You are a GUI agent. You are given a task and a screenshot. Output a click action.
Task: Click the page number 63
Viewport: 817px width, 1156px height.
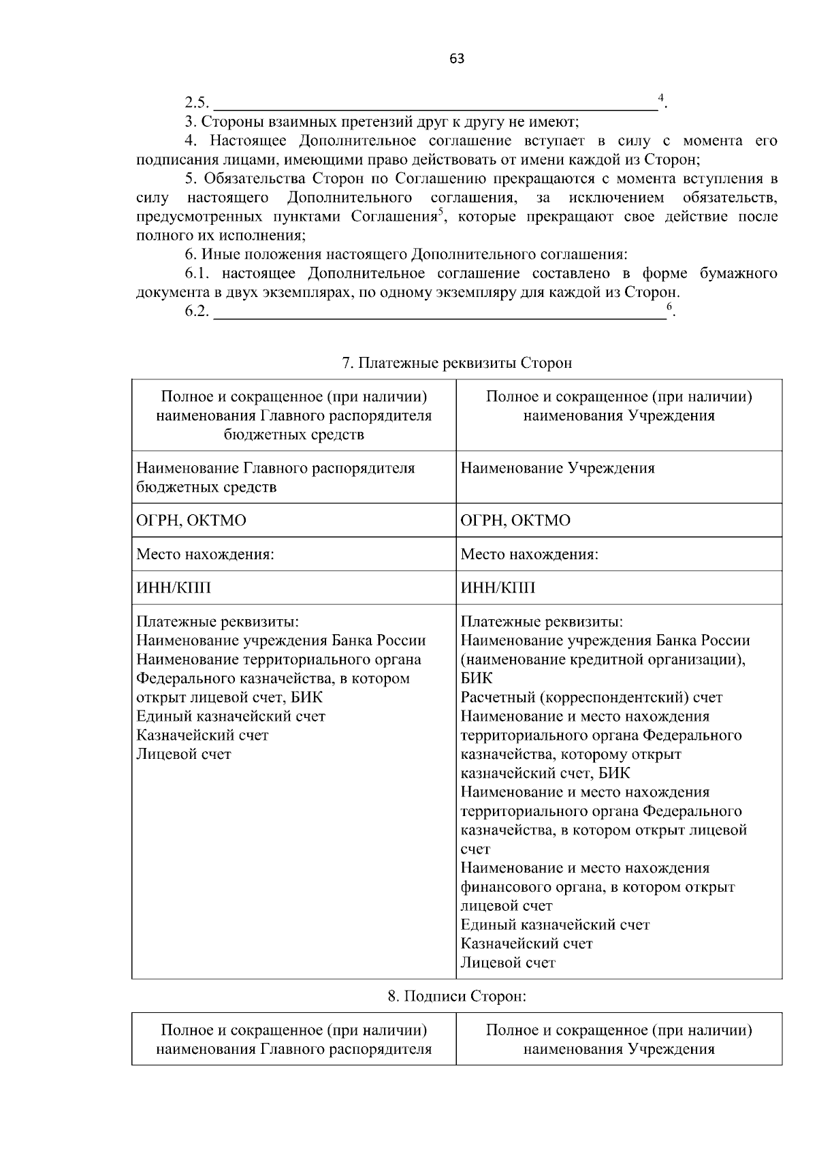coord(457,59)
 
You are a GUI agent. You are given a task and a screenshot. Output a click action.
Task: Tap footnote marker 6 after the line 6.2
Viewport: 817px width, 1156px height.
coord(669,307)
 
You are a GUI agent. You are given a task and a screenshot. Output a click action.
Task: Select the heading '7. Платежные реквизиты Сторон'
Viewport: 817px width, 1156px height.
coord(457,363)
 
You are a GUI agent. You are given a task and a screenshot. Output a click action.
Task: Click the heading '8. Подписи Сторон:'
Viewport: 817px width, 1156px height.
coord(457,996)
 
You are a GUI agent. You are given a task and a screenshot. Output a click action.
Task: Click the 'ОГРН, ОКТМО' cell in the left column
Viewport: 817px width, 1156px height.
coord(191,520)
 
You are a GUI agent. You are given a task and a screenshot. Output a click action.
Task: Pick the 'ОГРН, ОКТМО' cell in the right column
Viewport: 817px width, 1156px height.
coord(515,520)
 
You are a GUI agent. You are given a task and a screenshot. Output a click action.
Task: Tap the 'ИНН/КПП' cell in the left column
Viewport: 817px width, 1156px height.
coord(174,588)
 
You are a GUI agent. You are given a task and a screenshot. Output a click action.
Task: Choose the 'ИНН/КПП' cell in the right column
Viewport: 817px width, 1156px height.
coord(498,588)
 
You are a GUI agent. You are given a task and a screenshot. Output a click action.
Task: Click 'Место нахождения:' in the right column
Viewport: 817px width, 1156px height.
coord(529,554)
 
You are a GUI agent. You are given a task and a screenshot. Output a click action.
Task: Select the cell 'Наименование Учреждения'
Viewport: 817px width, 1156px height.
coord(558,469)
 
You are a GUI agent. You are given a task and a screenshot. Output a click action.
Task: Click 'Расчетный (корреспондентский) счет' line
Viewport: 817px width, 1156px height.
coord(591,698)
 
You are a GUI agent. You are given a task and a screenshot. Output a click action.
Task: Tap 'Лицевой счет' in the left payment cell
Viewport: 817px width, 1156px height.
coord(184,754)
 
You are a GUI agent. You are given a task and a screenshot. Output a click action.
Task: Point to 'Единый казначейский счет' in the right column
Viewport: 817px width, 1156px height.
coord(555,925)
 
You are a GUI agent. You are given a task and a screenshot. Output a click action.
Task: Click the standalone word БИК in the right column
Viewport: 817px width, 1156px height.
coord(477,678)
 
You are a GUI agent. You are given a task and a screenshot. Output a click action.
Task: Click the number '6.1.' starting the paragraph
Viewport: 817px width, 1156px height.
coord(199,274)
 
